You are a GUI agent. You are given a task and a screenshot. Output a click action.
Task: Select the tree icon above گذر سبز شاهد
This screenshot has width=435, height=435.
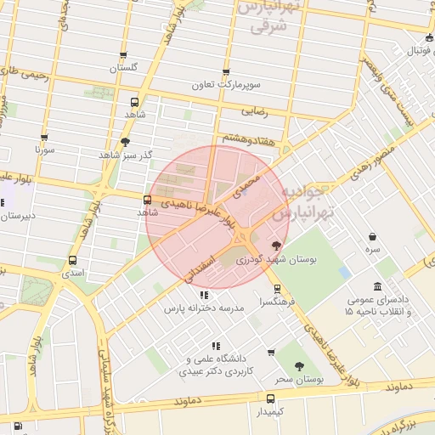point(126,142)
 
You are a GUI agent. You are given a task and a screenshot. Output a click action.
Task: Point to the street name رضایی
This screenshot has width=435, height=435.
point(256,110)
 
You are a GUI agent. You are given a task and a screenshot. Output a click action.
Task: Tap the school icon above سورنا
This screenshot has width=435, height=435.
point(45,136)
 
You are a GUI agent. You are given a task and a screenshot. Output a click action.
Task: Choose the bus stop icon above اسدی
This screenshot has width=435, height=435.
point(74,260)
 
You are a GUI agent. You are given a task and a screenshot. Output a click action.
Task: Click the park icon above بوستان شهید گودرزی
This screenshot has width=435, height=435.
point(275,245)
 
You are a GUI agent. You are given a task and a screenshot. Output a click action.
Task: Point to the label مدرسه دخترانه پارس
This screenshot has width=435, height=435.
point(205,308)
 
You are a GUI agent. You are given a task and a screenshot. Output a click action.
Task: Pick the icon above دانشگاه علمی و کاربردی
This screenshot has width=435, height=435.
point(216,346)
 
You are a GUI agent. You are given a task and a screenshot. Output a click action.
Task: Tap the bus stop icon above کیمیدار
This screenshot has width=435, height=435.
point(271,398)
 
